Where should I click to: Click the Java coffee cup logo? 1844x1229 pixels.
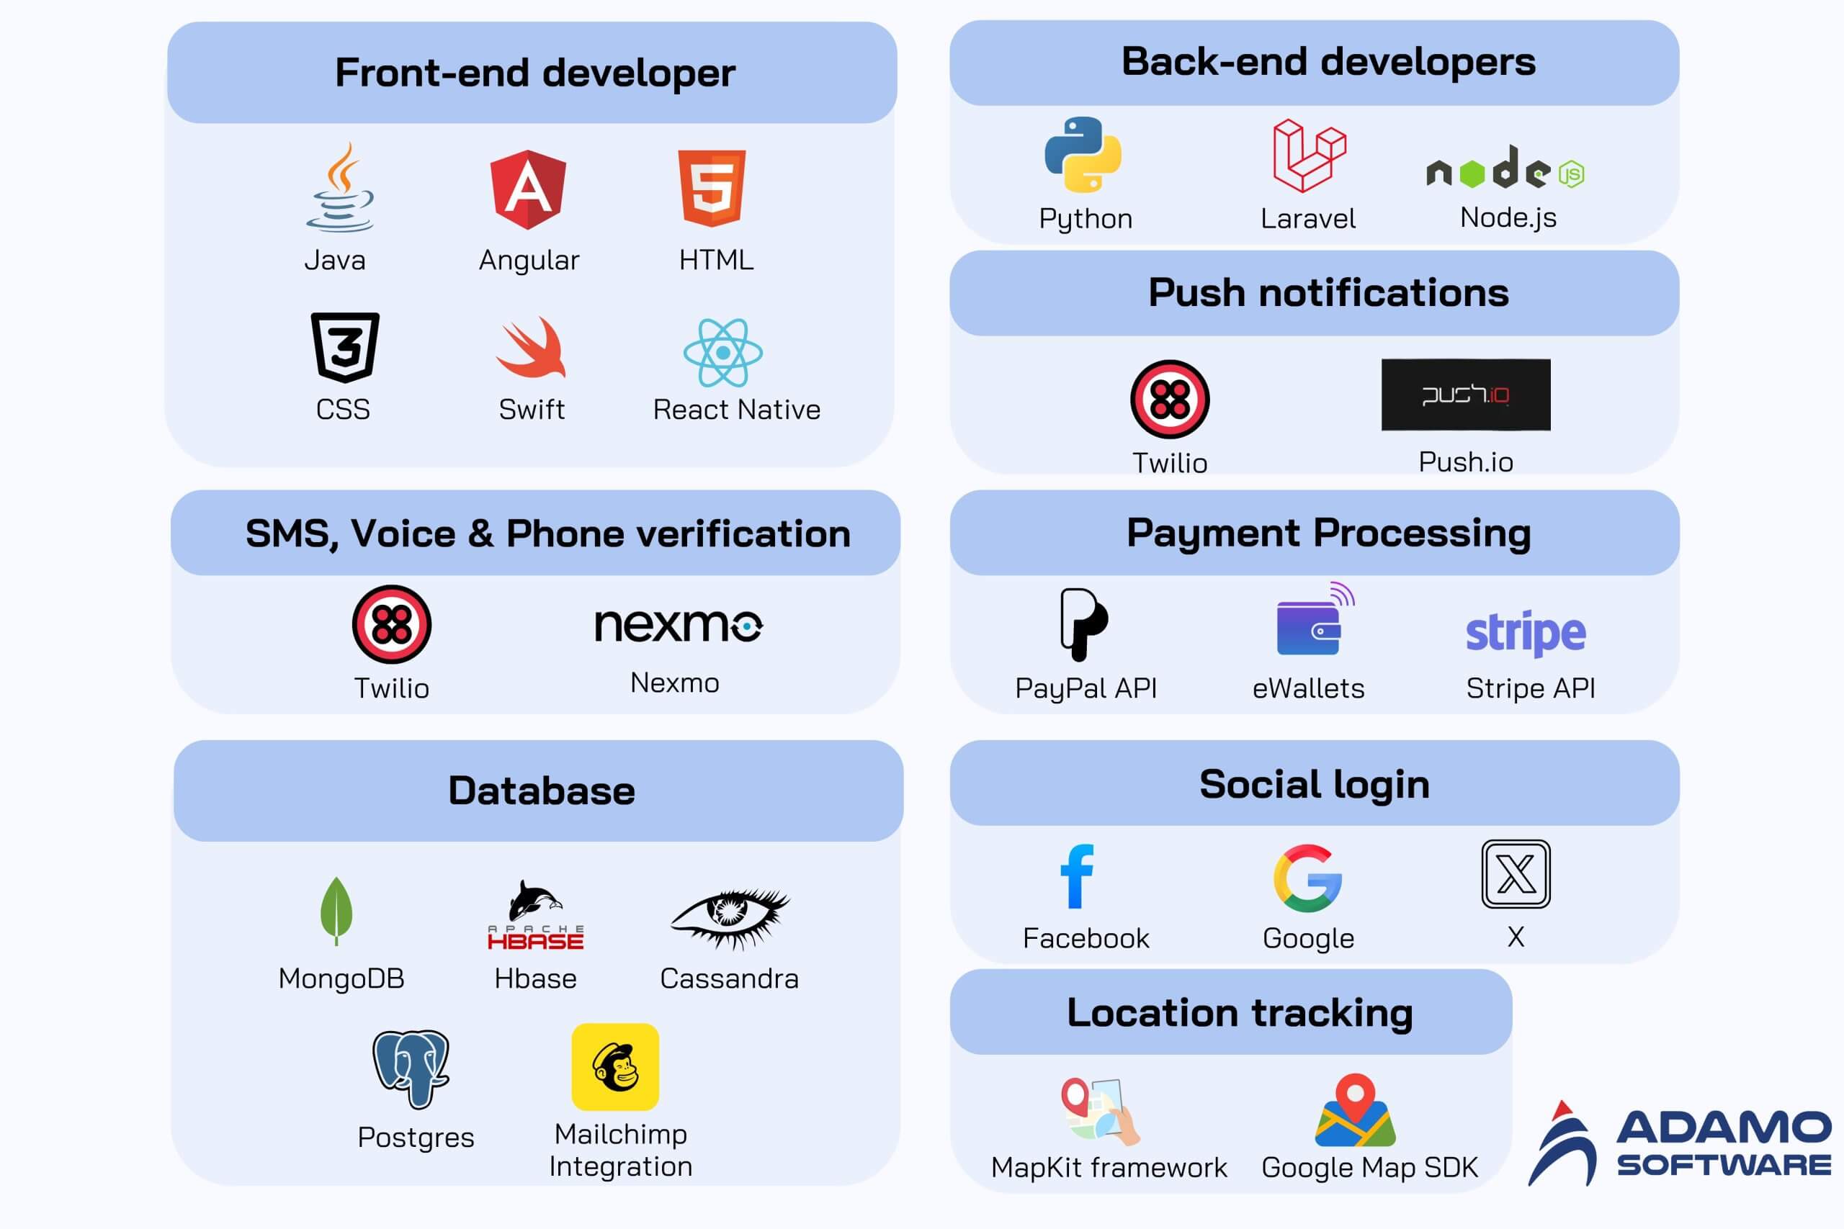pyautogui.click(x=339, y=188)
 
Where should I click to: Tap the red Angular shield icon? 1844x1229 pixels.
pyautogui.click(x=528, y=189)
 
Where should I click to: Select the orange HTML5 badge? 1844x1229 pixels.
pyautogui.click(x=712, y=188)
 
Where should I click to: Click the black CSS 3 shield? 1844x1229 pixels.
pyautogui.click(x=345, y=347)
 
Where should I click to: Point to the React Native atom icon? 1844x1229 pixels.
pyautogui.click(x=723, y=353)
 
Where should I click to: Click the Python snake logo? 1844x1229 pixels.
pyautogui.click(x=1083, y=154)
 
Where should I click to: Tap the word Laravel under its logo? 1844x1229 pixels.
pyautogui.click(x=1308, y=219)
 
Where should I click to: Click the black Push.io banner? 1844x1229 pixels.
pyautogui.click(x=1465, y=395)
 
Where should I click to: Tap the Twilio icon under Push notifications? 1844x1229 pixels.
pyautogui.click(x=1170, y=399)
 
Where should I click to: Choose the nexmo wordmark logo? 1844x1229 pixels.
pyautogui.click(x=678, y=626)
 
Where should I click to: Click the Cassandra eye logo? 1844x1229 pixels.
pyautogui.click(x=730, y=917)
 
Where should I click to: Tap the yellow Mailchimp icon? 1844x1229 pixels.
pyautogui.click(x=615, y=1067)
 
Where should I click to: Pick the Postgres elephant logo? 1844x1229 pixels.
pyautogui.click(x=411, y=1068)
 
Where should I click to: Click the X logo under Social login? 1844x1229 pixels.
pyautogui.click(x=1516, y=874)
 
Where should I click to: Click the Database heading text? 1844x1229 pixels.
pyautogui.click(x=542, y=790)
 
